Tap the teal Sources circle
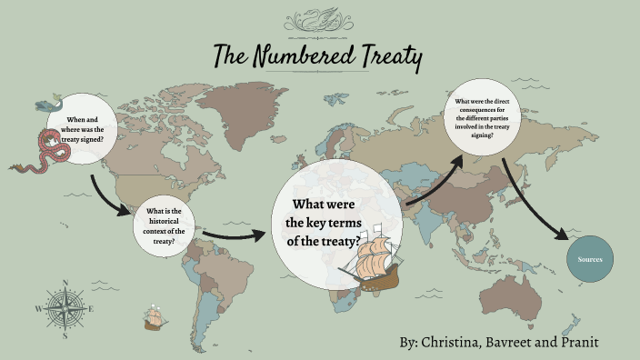[x=590, y=261]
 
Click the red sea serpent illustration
[x=45, y=152]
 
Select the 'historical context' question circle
[x=165, y=225]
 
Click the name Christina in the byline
[x=460, y=342]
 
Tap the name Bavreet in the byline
[x=527, y=342]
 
